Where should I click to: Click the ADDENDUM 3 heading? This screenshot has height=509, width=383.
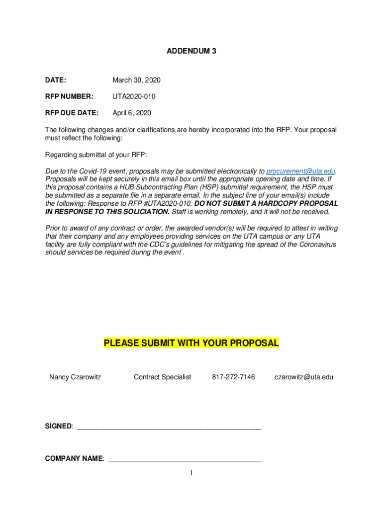(191, 51)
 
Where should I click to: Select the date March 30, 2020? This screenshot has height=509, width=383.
(136, 80)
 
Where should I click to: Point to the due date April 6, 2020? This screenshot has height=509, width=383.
(132, 113)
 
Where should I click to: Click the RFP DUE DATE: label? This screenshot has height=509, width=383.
(72, 113)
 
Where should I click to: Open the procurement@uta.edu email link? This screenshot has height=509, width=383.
(297, 171)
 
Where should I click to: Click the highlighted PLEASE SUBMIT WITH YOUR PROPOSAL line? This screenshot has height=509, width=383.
(191, 343)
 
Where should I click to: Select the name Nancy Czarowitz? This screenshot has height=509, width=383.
(75, 377)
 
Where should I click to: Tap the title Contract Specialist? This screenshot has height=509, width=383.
(162, 377)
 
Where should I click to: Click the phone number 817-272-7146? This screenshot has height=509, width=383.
(233, 377)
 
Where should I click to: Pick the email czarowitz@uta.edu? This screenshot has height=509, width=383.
(304, 377)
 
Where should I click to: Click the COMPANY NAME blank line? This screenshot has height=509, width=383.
(185, 459)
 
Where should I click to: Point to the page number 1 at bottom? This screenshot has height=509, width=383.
(191, 473)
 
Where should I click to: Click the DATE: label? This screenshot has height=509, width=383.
(56, 80)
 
